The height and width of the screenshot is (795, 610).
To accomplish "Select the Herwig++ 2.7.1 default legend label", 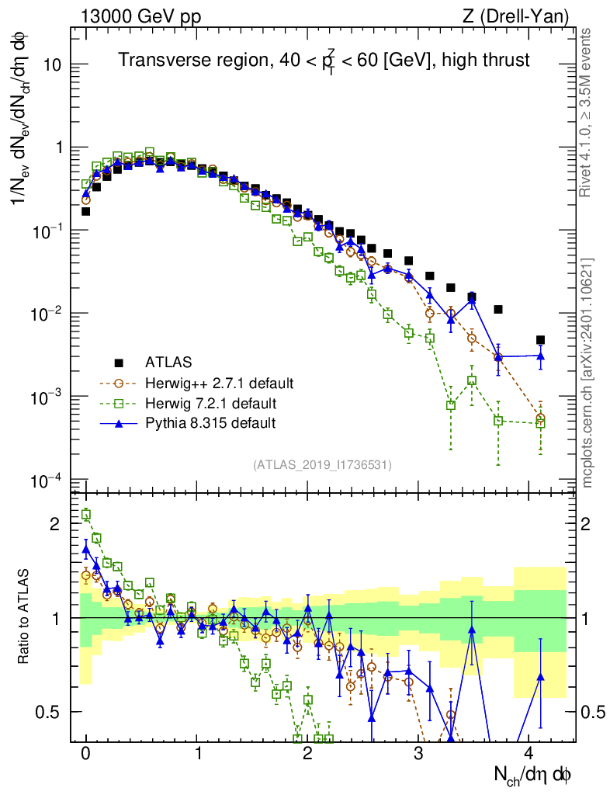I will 219,383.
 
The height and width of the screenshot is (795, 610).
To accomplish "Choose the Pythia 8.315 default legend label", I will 210,423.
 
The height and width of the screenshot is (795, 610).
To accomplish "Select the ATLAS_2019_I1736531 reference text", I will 322,465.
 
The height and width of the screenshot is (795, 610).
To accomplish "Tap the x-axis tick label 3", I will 419,754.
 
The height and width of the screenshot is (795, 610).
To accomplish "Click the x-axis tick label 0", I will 86,754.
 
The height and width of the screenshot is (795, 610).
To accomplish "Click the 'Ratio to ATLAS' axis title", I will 24,618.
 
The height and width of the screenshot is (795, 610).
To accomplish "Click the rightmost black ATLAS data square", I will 540,340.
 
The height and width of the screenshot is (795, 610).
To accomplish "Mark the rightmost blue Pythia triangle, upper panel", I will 540,356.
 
